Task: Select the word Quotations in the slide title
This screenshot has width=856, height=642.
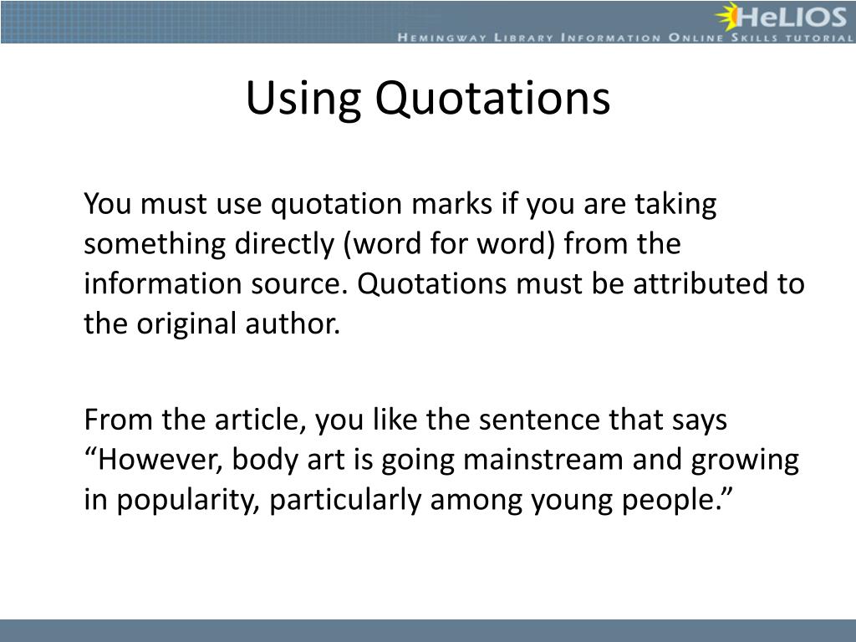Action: coord(492,99)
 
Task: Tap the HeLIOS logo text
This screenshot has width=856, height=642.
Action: coord(795,16)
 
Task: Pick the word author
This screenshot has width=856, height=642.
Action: coord(302,324)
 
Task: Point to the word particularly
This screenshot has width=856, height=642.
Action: coord(348,500)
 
